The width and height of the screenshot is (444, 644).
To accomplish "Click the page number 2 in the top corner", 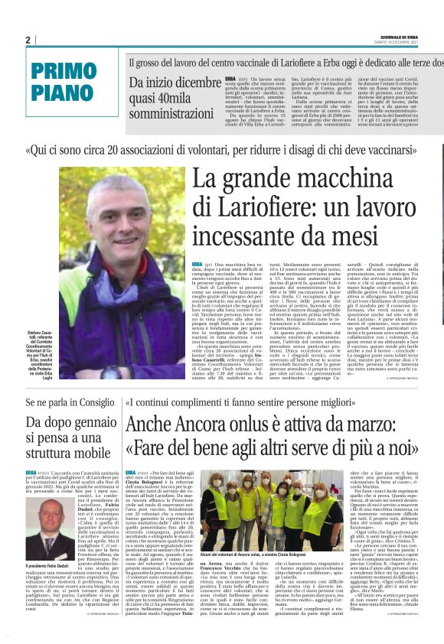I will coord(28,41).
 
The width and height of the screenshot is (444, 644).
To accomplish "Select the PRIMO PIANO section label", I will coord(61,82).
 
